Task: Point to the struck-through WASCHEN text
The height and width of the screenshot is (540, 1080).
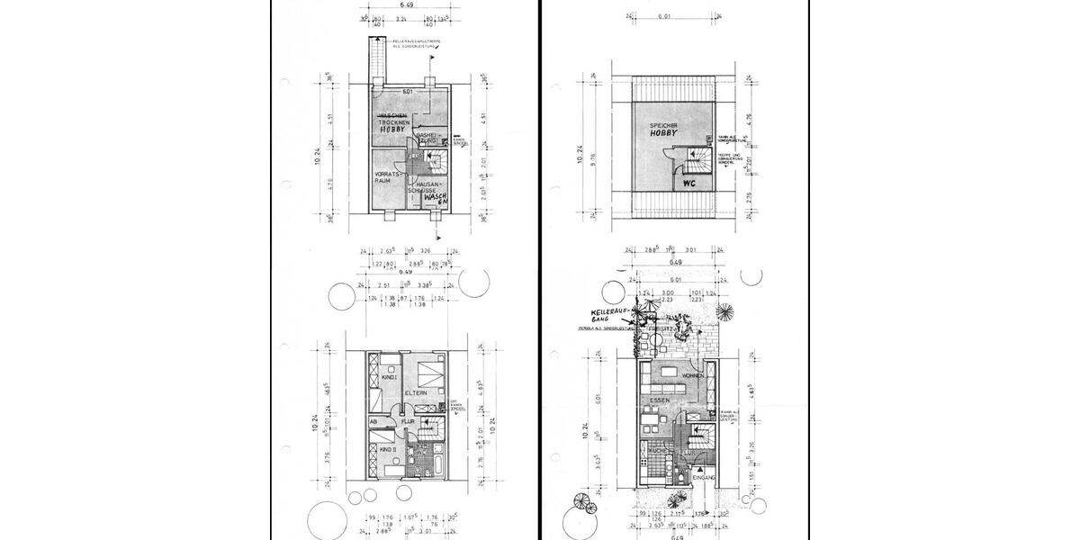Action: pos(393,117)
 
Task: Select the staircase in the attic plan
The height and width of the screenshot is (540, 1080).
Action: pos(697,160)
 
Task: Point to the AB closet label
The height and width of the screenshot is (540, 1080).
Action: pos(373,421)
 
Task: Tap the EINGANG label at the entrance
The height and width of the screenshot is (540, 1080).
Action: pos(705,477)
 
